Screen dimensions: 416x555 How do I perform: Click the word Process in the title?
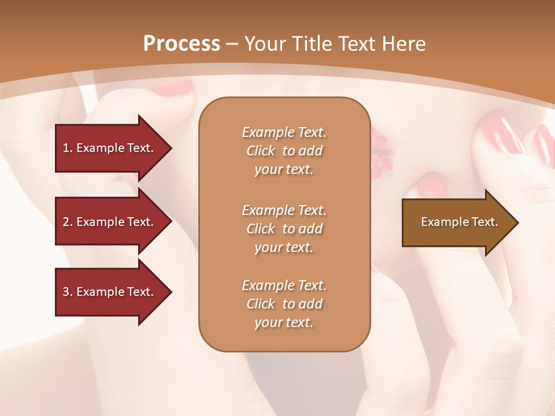point(182,44)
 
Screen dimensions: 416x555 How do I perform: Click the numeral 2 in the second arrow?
point(66,222)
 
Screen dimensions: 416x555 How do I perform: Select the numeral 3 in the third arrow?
point(66,292)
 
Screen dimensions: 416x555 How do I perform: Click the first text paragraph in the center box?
point(284,151)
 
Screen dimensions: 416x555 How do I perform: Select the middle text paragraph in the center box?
point(284,229)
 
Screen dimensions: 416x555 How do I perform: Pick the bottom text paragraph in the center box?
point(284,304)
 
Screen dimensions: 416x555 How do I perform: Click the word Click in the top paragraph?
point(261,151)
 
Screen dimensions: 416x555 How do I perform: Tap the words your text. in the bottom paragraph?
point(284,322)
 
